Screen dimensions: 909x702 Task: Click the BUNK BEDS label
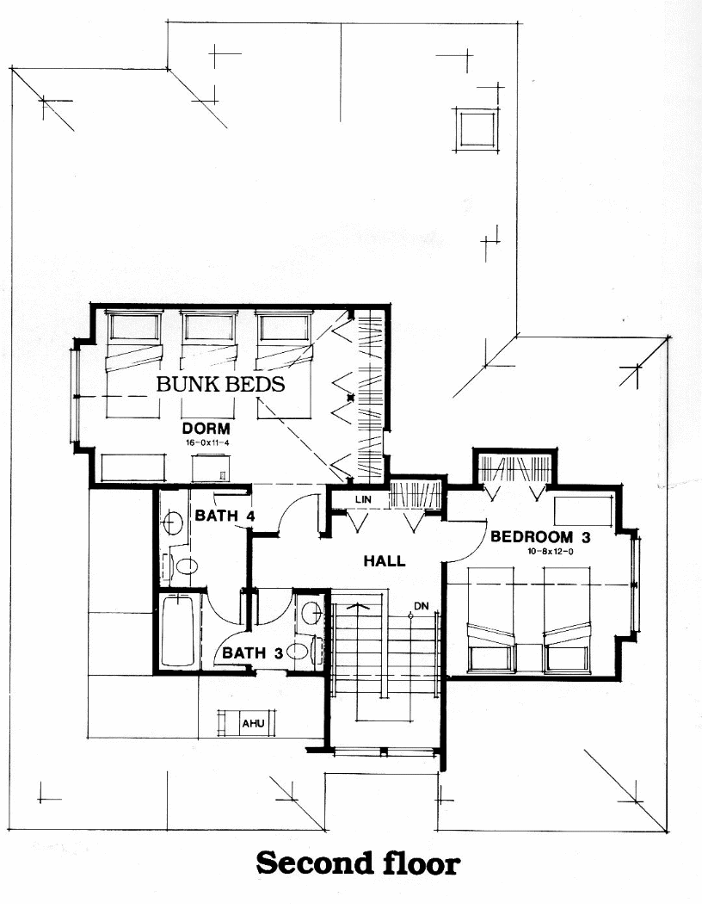(220, 384)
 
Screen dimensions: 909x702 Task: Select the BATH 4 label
(224, 516)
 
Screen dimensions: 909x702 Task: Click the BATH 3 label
(253, 653)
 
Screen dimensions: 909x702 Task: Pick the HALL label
(384, 561)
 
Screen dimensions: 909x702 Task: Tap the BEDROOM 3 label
(539, 537)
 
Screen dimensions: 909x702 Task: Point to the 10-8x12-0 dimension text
(539, 551)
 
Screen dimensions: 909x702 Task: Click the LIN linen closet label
(361, 499)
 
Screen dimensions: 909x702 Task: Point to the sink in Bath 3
(312, 612)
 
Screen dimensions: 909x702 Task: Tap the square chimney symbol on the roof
(475, 130)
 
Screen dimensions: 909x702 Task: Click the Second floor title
(357, 863)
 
